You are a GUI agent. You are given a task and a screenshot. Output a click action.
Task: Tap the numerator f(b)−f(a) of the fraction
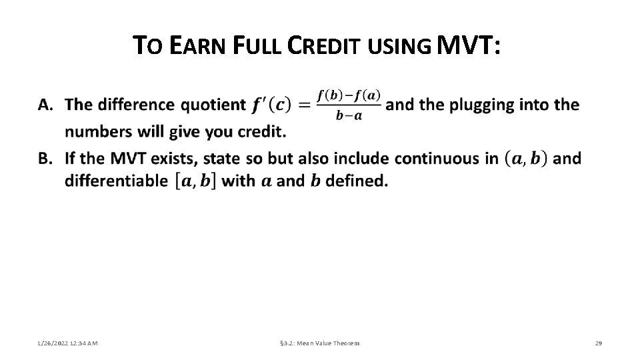[x=349, y=95]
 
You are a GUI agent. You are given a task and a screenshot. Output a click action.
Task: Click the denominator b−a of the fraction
[x=349, y=115]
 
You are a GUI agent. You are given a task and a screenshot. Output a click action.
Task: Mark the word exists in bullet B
[x=173, y=159]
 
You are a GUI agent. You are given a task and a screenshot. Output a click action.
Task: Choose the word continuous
[x=441, y=159]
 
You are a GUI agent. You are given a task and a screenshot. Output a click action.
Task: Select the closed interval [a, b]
[x=194, y=181]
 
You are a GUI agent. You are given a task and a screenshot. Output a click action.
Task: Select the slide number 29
[x=598, y=343]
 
